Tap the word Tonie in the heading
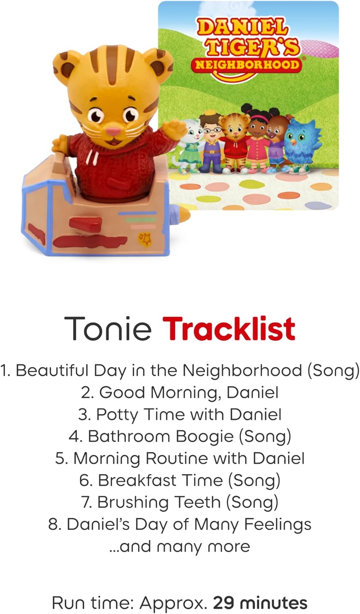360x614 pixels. [x=107, y=328]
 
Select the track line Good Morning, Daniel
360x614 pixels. [x=180, y=393]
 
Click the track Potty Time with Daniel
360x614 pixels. [x=180, y=414]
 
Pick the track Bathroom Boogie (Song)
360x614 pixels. [x=180, y=436]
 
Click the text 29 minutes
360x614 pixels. [x=260, y=603]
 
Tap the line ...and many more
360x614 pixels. [x=180, y=546]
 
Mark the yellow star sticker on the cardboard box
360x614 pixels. [x=144, y=238]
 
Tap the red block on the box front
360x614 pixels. [x=85, y=224]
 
